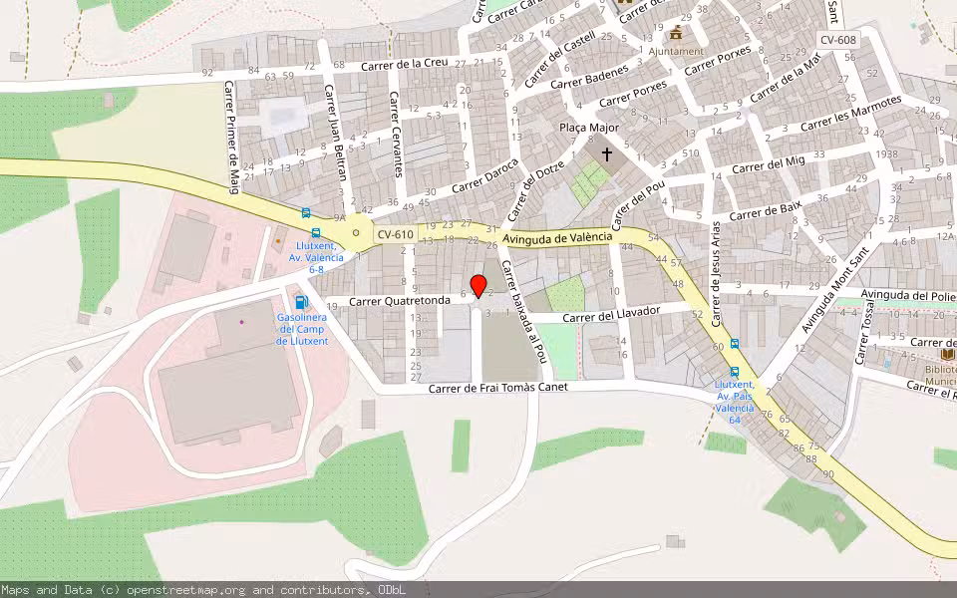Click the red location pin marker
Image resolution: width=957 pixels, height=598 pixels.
click(x=478, y=287)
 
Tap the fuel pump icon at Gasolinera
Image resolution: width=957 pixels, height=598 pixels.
click(x=301, y=302)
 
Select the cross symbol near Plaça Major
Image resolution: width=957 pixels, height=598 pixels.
click(x=606, y=154)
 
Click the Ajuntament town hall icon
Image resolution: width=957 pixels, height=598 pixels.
click(x=677, y=32)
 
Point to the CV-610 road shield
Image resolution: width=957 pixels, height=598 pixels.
click(x=395, y=234)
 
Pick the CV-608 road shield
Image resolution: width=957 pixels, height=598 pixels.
click(x=837, y=40)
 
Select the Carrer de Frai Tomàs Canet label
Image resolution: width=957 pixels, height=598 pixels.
click(x=497, y=388)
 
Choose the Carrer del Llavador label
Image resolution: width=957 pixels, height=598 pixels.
click(x=612, y=314)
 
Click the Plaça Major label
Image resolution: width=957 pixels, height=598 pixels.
click(x=589, y=128)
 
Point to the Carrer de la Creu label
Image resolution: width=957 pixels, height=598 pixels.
click(x=404, y=65)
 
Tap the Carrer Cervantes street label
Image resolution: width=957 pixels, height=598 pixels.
click(x=396, y=135)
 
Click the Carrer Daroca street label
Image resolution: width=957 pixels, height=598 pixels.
click(x=485, y=175)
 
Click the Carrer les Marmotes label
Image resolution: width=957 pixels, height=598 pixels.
click(x=850, y=114)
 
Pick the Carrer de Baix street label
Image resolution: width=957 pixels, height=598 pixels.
click(x=766, y=211)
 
